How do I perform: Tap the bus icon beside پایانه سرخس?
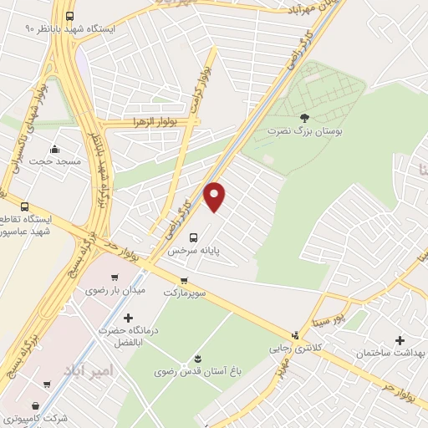tap(194, 237)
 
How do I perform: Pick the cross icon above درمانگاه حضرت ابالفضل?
tap(128, 318)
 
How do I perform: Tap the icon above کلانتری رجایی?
tap(293, 335)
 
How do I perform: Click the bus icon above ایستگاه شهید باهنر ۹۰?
tap(69, 16)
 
